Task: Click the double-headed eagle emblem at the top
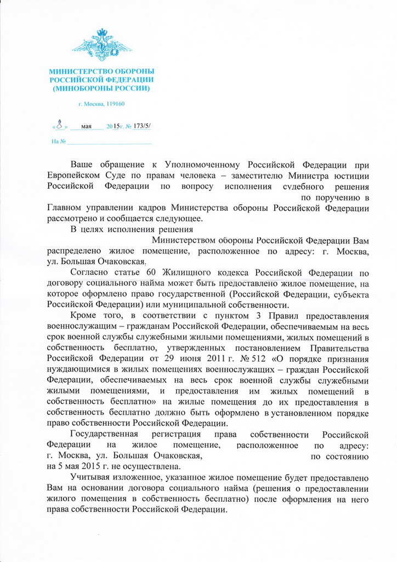click(101, 44)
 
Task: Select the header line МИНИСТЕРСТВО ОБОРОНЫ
click(101, 71)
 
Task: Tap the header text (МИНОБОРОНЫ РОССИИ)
click(101, 88)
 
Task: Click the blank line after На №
click(109, 142)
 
